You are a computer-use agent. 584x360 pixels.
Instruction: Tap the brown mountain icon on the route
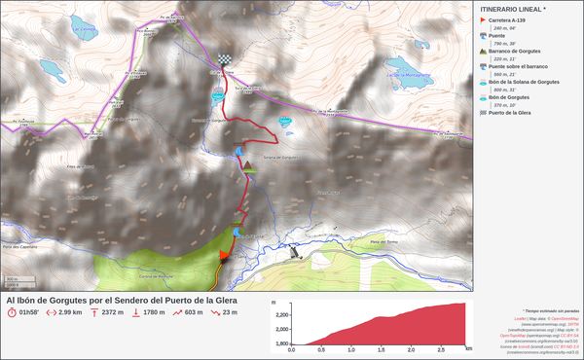(x=250, y=166)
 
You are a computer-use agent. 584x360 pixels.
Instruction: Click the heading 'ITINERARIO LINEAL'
(x=513, y=8)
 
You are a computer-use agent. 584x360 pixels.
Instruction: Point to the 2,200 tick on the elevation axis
(x=282, y=315)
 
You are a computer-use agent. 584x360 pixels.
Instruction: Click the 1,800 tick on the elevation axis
(x=282, y=343)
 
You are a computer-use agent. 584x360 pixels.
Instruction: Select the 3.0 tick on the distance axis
(x=467, y=349)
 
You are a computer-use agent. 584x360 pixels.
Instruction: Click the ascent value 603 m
(x=193, y=312)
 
